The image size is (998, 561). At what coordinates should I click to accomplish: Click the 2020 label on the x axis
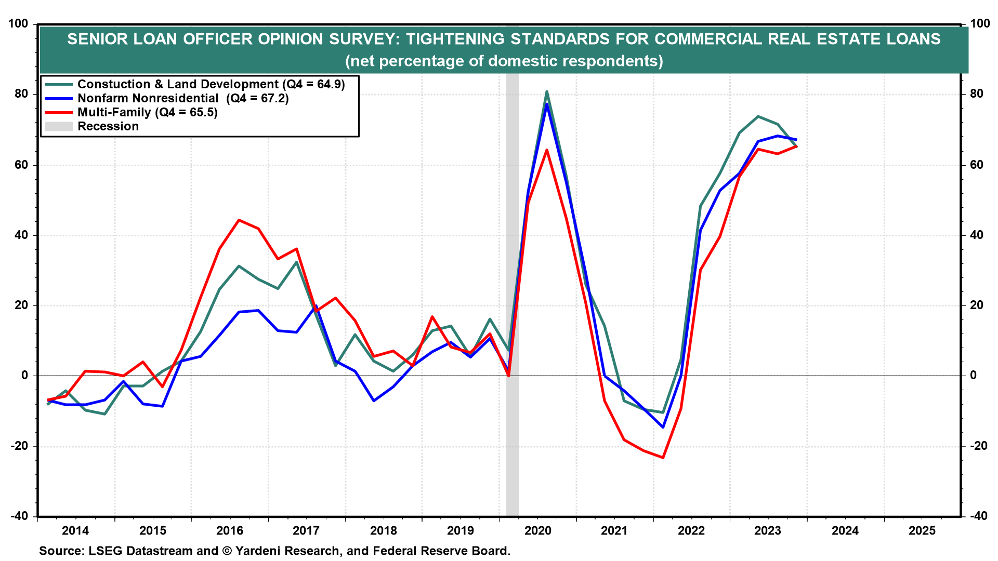(537, 531)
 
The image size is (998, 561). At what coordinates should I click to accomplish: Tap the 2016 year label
(230, 531)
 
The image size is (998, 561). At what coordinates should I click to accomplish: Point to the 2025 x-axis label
(922, 531)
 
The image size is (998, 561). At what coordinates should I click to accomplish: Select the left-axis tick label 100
(18, 24)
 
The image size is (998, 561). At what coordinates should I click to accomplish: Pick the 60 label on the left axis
(21, 165)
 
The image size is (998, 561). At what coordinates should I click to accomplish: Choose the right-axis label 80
(977, 94)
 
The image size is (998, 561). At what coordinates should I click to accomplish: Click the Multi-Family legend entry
(148, 113)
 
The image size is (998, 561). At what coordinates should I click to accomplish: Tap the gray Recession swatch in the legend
(58, 127)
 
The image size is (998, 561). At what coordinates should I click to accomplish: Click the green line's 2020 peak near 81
(547, 92)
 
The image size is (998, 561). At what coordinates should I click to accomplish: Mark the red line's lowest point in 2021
(663, 458)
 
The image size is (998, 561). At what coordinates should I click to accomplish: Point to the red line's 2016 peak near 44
(239, 220)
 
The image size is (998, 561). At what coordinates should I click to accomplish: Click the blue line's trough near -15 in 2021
(663, 428)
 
